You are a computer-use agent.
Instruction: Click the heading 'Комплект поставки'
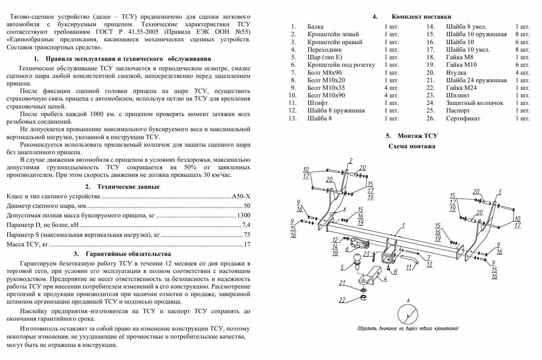(x=421, y=17)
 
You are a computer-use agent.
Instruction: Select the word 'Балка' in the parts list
(x=315, y=27)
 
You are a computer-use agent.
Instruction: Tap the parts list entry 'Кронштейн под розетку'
(x=341, y=65)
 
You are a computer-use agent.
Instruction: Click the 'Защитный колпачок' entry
(x=474, y=103)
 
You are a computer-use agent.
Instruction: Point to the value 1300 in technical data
(x=244, y=215)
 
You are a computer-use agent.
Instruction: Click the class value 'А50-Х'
(x=241, y=196)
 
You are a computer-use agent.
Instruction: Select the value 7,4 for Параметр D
(x=246, y=225)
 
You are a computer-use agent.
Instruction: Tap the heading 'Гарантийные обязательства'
(x=128, y=254)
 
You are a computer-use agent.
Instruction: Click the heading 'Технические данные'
(x=128, y=187)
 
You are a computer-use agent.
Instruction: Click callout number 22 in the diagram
(x=342, y=300)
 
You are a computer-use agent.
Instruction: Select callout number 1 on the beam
(x=403, y=226)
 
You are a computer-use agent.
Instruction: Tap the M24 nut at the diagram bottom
(x=363, y=297)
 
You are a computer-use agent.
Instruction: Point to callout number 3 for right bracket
(x=500, y=192)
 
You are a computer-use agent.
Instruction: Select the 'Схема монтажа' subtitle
(x=412, y=146)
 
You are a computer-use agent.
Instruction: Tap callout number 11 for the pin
(x=409, y=267)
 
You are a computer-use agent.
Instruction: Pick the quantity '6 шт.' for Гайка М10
(x=523, y=65)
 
